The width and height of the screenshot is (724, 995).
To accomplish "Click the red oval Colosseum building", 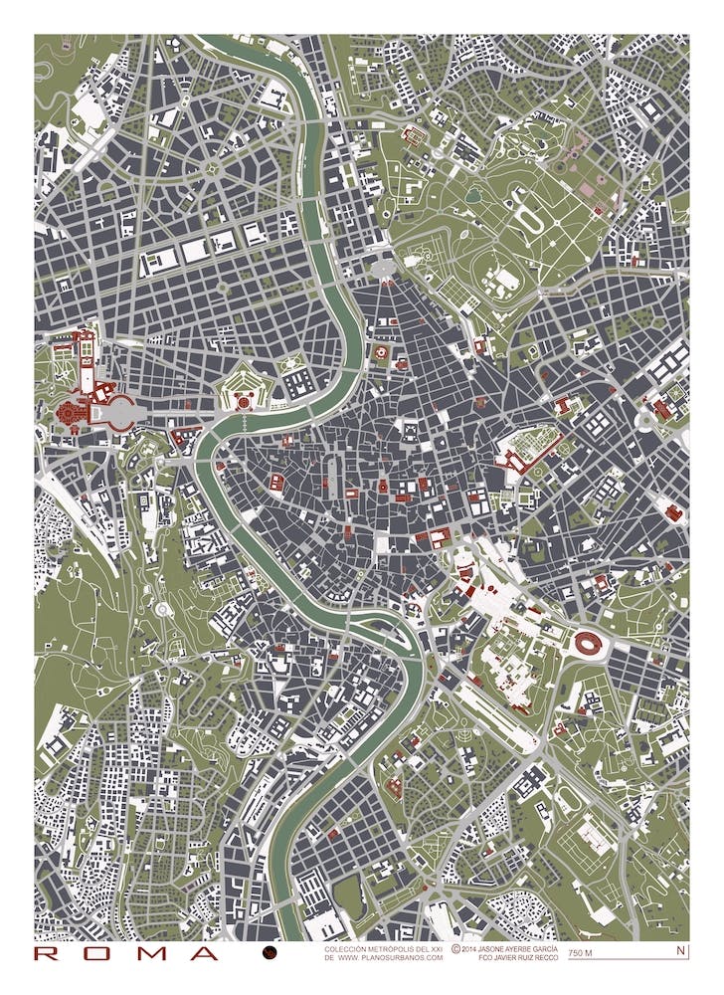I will point(585,644).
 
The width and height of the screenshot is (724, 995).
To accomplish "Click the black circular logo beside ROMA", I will point(269,953).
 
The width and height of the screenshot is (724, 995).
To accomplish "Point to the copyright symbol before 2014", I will point(455,949).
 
